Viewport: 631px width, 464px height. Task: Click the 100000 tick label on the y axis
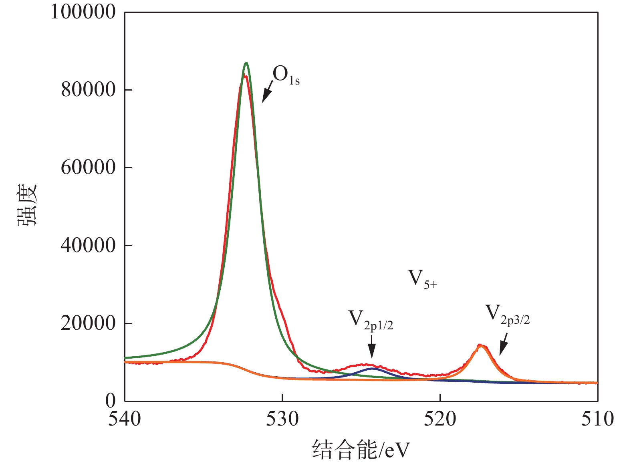pyautogui.click(x=83, y=12)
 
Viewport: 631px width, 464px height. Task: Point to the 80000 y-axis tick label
pyautogui.click(x=88, y=90)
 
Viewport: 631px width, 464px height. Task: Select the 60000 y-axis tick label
pyautogui.click(x=88, y=167)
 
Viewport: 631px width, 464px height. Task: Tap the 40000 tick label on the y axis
pyautogui.click(x=88, y=245)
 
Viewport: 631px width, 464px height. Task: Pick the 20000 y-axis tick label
pyautogui.click(x=88, y=323)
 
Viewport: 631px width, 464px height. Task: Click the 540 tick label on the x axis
pyautogui.click(x=125, y=419)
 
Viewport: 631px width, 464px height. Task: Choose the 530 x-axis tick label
pyautogui.click(x=282, y=419)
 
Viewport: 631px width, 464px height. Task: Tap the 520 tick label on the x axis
pyautogui.click(x=440, y=419)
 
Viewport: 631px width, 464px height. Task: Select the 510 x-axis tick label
pyautogui.click(x=597, y=419)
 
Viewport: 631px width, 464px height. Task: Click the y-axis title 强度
pyautogui.click(x=27, y=205)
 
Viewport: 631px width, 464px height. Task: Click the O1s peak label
pyautogui.click(x=286, y=76)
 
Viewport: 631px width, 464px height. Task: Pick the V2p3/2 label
pyautogui.click(x=507, y=314)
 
